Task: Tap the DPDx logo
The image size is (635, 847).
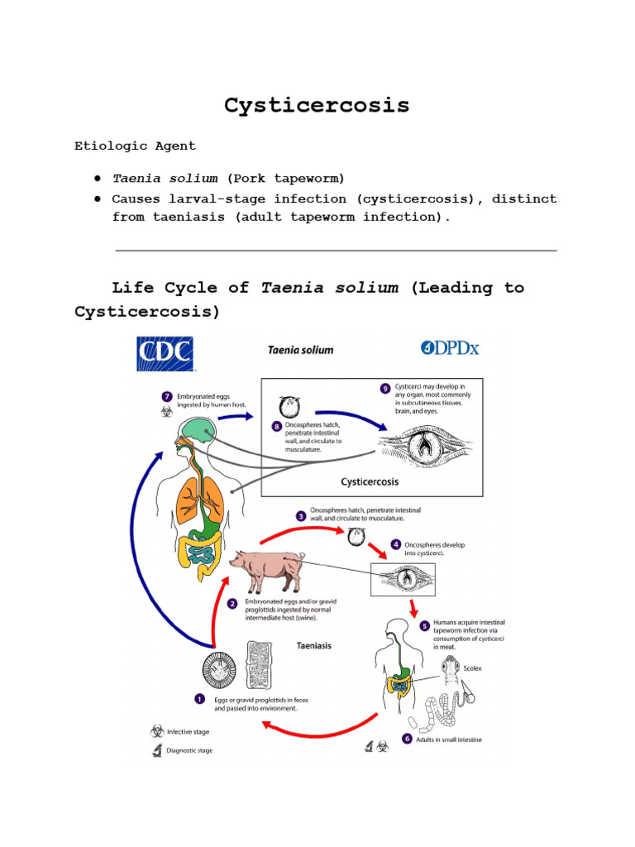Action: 449,348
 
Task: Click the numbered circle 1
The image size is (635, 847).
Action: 199,698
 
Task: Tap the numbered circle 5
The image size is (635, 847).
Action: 424,625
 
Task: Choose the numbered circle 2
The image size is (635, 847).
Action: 233,603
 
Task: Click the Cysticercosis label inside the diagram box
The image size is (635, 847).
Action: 370,481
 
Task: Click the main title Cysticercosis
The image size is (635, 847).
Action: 317,106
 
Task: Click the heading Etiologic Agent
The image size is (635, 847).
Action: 135,146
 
